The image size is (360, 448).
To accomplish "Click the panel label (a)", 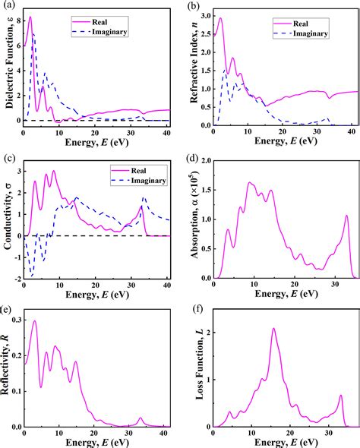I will tap(8, 7).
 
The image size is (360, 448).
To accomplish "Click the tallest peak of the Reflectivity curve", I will tap(33, 320).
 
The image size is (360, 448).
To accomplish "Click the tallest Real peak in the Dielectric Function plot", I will tap(30, 17).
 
